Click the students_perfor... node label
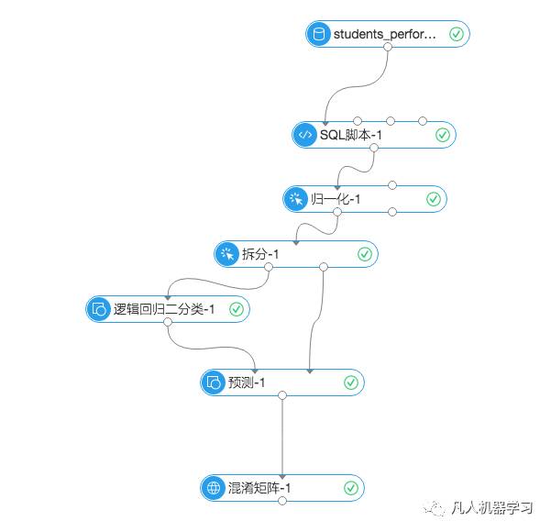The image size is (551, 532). click(x=384, y=35)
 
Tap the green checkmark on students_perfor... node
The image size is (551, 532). click(x=457, y=35)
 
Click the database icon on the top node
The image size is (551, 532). click(x=319, y=35)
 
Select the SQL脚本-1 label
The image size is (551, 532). click(x=350, y=135)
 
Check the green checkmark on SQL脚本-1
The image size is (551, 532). click(x=442, y=135)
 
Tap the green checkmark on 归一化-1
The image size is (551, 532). click(x=434, y=199)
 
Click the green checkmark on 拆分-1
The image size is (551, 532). click(x=364, y=254)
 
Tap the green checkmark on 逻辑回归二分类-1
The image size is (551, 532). click(x=236, y=309)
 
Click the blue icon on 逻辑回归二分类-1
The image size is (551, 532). click(x=98, y=309)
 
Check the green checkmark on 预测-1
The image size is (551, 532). click(x=350, y=382)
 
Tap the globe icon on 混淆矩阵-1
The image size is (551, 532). click(x=213, y=488)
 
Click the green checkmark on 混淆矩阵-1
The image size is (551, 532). click(x=350, y=488)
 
